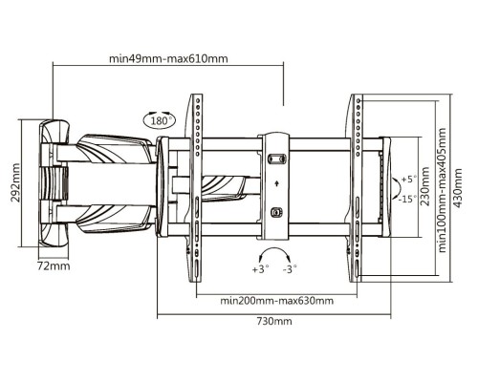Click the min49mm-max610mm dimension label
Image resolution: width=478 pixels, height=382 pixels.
pyautogui.click(x=168, y=59)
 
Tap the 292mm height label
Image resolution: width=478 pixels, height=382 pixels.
pyautogui.click(x=15, y=182)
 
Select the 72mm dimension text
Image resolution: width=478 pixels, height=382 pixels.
pyautogui.click(x=54, y=265)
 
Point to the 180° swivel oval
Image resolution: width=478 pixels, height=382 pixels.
pyautogui.click(x=160, y=120)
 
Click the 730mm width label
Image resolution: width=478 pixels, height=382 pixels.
pyautogui.click(x=274, y=321)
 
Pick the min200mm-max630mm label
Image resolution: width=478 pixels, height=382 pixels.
pyautogui.click(x=276, y=301)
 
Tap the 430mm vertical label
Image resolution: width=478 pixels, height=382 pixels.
pyautogui.click(x=458, y=188)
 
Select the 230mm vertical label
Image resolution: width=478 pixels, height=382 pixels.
pyautogui.click(x=425, y=186)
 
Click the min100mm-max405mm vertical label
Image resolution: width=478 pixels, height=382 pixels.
pyautogui.click(x=443, y=190)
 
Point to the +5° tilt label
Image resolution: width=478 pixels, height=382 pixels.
pyautogui.click(x=409, y=180)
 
